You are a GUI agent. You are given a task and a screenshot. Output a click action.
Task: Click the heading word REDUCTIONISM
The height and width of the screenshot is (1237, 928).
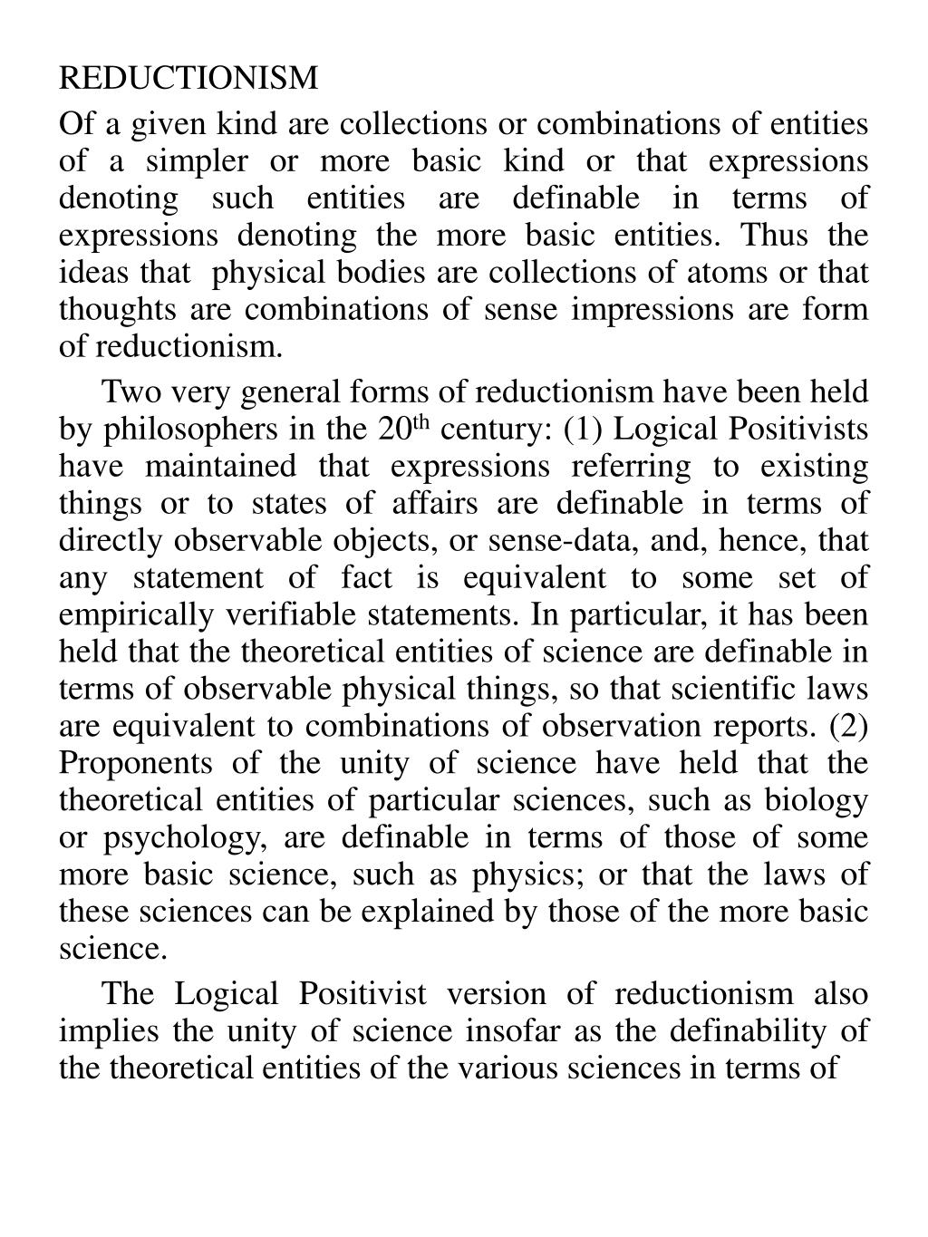pyautogui.click(x=188, y=79)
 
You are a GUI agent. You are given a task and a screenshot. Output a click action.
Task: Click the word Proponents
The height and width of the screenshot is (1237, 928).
pyautogui.click(x=136, y=764)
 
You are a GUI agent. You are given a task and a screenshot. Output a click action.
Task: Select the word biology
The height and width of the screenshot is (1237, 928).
pyautogui.click(x=817, y=801)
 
